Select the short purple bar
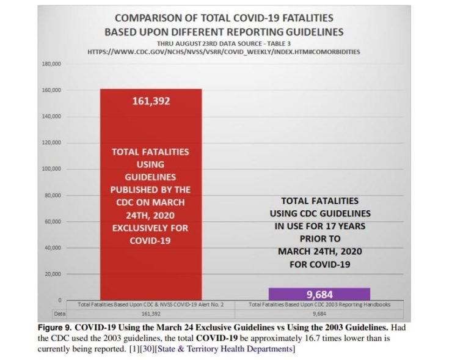tap(319, 293)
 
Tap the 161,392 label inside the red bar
tap(150, 101)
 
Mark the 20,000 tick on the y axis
tap(51, 273)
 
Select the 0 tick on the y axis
tap(59, 299)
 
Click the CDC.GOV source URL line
tap(224, 52)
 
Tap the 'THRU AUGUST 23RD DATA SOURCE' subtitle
tap(224, 43)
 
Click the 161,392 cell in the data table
tap(150, 312)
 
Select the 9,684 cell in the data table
tap(319, 312)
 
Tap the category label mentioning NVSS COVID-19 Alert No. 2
tap(150, 304)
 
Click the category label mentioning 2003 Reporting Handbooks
tap(319, 304)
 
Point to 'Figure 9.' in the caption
tap(56, 326)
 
